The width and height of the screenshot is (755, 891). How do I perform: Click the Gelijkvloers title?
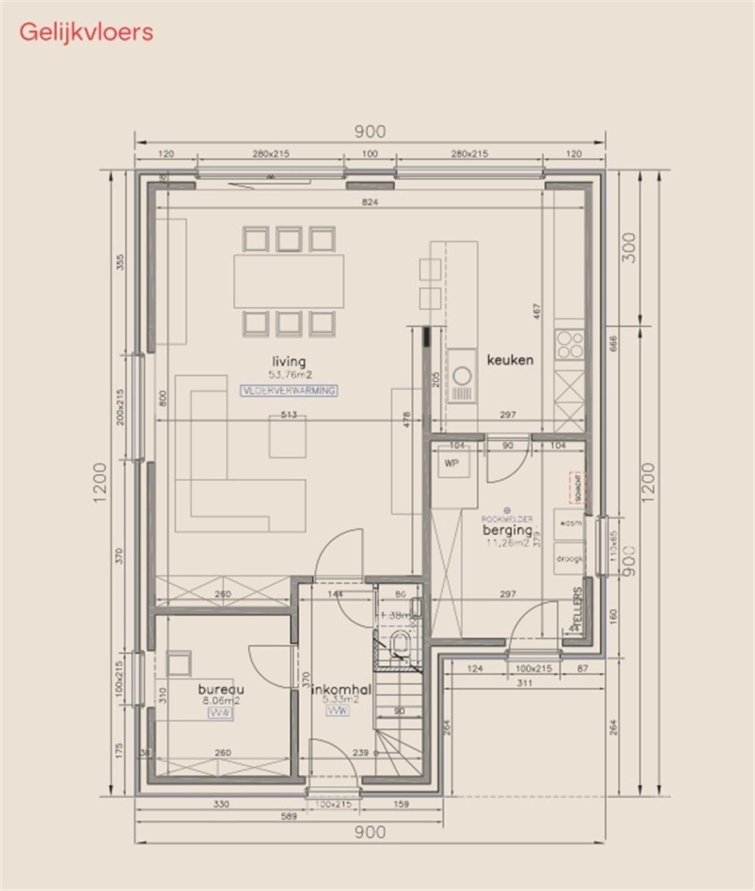pyautogui.click(x=86, y=33)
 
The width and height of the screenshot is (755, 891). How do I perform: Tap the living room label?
pyautogui.click(x=289, y=362)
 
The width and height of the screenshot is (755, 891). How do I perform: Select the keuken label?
pyautogui.click(x=510, y=360)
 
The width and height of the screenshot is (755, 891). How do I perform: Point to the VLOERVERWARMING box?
pyautogui.click(x=289, y=391)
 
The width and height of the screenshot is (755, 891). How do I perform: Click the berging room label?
pyautogui.click(x=508, y=531)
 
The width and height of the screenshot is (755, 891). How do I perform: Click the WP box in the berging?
pyautogui.click(x=453, y=463)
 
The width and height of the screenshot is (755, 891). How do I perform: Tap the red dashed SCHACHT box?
pyautogui.click(x=578, y=487)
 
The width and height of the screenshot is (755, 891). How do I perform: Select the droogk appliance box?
pyautogui.click(x=569, y=558)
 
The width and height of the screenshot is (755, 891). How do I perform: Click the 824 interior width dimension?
pyautogui.click(x=370, y=202)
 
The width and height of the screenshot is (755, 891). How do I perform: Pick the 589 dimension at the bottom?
pyautogui.click(x=289, y=817)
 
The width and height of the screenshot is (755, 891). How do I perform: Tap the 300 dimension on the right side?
pyautogui.click(x=629, y=248)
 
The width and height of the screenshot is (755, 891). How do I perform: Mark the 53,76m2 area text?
pyautogui.click(x=290, y=375)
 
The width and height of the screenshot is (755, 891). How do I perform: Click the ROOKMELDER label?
pyautogui.click(x=507, y=519)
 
